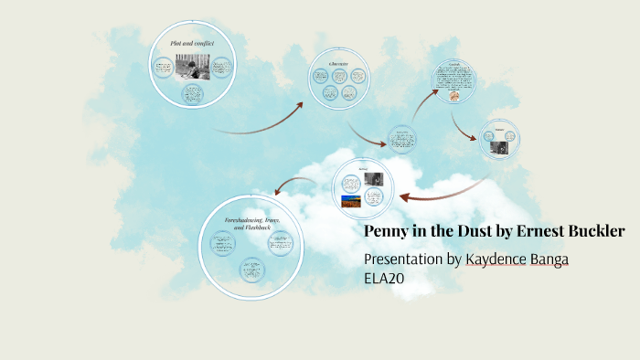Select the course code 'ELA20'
click(x=384, y=279)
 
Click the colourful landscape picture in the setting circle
click(x=351, y=200)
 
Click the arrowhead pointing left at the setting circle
click(x=404, y=195)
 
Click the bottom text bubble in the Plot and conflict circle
click(x=192, y=93)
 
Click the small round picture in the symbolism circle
click(x=453, y=95)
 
